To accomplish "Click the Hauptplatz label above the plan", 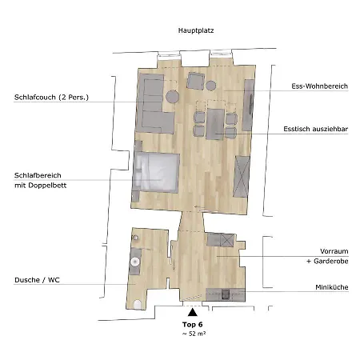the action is click(196, 30).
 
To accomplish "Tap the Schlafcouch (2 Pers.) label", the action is click(51, 98).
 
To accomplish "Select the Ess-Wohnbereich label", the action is click(319, 86).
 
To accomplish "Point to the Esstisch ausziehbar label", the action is click(316, 129).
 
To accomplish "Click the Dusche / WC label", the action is click(37, 280).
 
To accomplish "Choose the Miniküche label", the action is click(332, 287).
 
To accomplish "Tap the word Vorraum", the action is click(334, 251).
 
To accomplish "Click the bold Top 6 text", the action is click(193, 325).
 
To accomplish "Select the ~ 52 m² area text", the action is click(194, 334).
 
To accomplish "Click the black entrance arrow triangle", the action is click(193, 312).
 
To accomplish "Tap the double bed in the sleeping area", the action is click(156, 172).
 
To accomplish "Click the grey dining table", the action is click(215, 124).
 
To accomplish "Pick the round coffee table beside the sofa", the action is click(172, 97).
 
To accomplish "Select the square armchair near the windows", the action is click(196, 81).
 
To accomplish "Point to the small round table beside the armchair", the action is click(210, 86).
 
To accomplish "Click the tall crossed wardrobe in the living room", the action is click(242, 177).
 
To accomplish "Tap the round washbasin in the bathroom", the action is click(135, 262).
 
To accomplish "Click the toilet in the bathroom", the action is click(138, 305).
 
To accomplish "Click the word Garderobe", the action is click(331, 261).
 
